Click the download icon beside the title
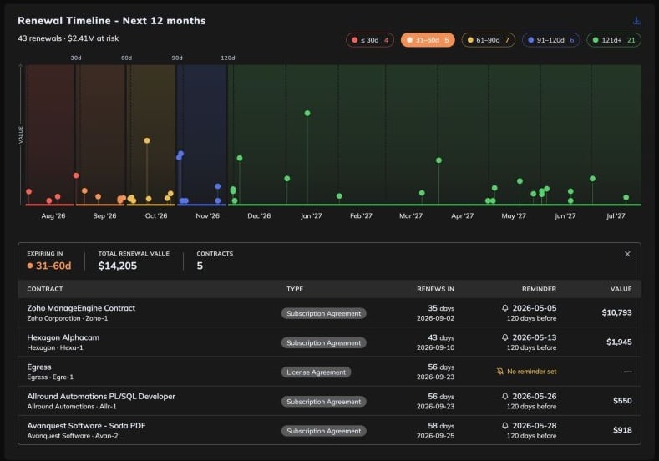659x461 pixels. [636, 21]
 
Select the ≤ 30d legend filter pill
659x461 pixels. [370, 40]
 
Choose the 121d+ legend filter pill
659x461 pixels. [614, 40]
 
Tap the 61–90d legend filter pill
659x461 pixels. [488, 40]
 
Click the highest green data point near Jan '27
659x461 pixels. [307, 113]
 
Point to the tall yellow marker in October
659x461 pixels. [147, 140]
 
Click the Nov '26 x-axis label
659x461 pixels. [208, 216]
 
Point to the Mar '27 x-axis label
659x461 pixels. [411, 216]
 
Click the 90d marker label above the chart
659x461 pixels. [177, 58]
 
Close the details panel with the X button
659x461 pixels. [627, 254]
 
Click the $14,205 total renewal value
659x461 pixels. [118, 266]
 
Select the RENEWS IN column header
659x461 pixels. [435, 289]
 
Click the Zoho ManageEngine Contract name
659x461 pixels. [81, 308]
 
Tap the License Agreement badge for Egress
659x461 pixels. [316, 372]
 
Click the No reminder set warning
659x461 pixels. [526, 372]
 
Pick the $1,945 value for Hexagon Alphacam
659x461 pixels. [619, 342]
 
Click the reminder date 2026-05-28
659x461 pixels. [535, 426]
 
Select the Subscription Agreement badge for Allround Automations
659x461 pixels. [323, 402]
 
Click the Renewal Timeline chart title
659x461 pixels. [112, 21]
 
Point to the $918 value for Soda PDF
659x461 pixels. [622, 430]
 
